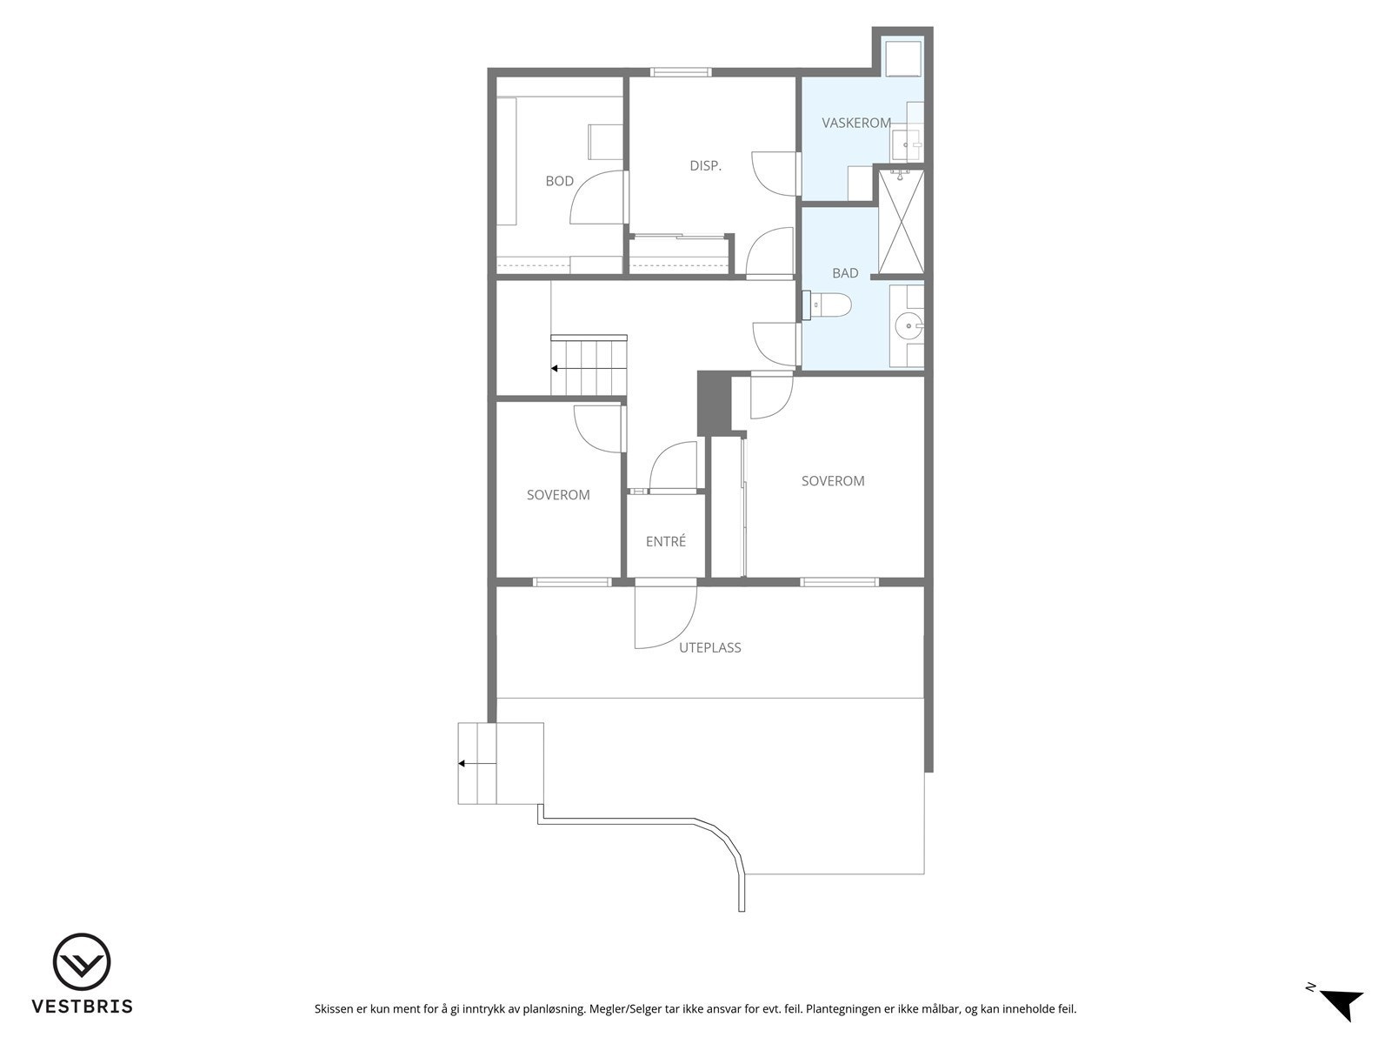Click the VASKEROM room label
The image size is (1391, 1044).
[855, 124]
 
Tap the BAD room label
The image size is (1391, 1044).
[845, 273]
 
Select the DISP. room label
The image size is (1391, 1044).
[705, 165]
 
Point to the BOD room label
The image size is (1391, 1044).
[559, 181]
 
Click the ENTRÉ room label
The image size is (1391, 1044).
[666, 541]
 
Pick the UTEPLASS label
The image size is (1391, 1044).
[709, 647]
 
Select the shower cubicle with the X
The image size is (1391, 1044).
[901, 223]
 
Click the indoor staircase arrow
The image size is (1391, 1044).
[555, 369]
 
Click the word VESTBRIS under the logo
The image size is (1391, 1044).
[82, 1007]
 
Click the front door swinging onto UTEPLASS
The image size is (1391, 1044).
[665, 617]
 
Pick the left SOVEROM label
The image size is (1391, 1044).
[558, 495]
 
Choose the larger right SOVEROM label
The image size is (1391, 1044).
[833, 481]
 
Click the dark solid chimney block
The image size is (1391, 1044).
[712, 402]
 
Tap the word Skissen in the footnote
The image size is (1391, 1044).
[335, 1009]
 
